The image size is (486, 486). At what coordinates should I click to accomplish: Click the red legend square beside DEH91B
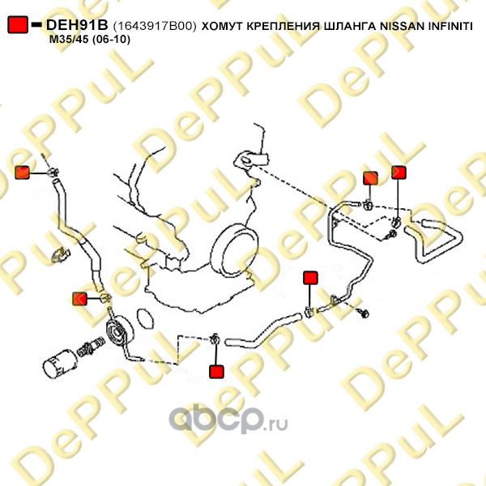pos(18,24)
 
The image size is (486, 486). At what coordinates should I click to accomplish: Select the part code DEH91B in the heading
pos(77,25)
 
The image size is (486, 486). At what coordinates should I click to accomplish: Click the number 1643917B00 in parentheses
pos(155,26)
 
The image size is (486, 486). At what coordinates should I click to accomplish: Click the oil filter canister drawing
pos(60,363)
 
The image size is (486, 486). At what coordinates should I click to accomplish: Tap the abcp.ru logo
pos(228,420)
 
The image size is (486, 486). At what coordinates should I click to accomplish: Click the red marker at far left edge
pos(23,173)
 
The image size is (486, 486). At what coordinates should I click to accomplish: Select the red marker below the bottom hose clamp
pos(216,372)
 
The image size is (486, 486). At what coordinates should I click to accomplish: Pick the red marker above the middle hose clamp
pos(310,278)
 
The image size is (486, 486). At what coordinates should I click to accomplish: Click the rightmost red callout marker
pos(399,173)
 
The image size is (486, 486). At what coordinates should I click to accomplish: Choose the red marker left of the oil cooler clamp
pos(79,299)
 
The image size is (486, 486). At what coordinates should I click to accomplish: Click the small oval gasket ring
pos(145,318)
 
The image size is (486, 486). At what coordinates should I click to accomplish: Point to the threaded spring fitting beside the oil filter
pos(90,347)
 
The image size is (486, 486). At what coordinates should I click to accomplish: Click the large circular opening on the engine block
pos(234,250)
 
